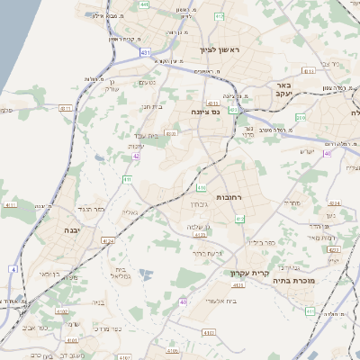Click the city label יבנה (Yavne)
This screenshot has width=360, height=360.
click(71, 230)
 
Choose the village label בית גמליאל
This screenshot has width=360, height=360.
click(124, 274)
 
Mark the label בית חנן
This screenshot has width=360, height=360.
click(151, 106)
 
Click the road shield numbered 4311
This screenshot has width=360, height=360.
click(309, 69)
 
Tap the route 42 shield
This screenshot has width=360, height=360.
click(136, 156)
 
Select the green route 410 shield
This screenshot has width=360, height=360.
click(201, 188)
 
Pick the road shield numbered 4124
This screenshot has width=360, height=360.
click(108, 240)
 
